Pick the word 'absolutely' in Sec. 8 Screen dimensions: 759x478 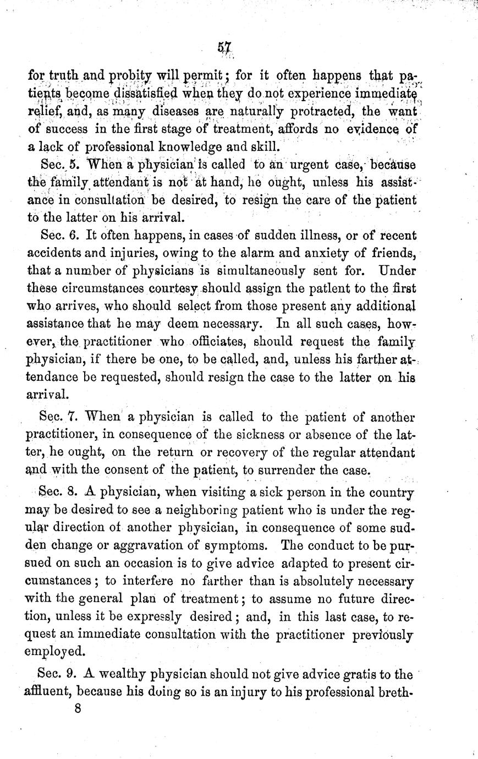click(323, 581)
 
